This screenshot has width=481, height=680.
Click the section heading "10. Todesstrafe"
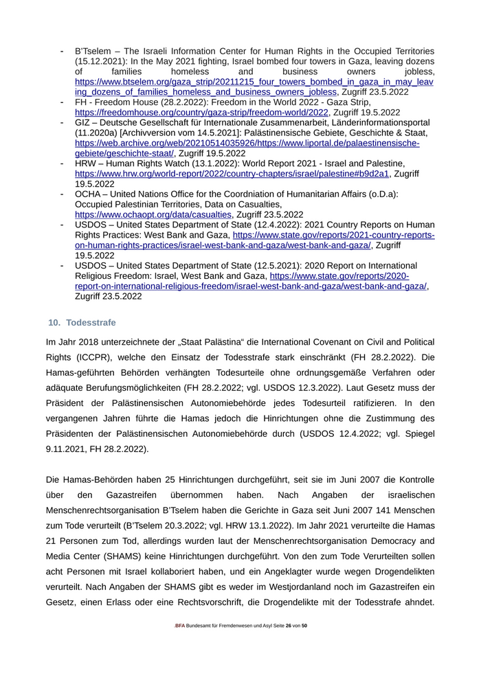[82, 323]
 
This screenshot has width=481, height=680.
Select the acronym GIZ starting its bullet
[83, 122]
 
